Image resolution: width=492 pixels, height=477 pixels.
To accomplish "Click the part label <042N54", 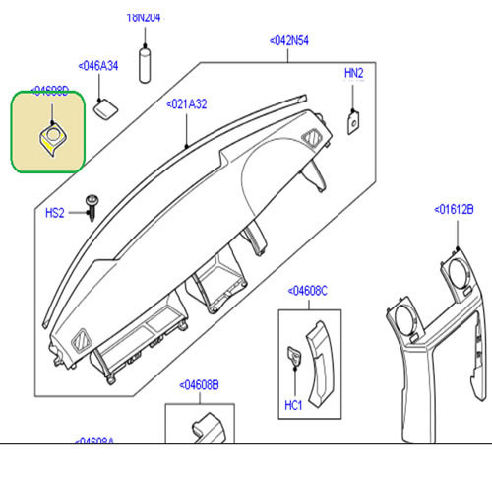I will click(x=289, y=41).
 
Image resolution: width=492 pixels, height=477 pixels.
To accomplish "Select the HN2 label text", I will click(x=353, y=74).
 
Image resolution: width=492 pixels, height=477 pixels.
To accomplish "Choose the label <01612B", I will click(x=454, y=209).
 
